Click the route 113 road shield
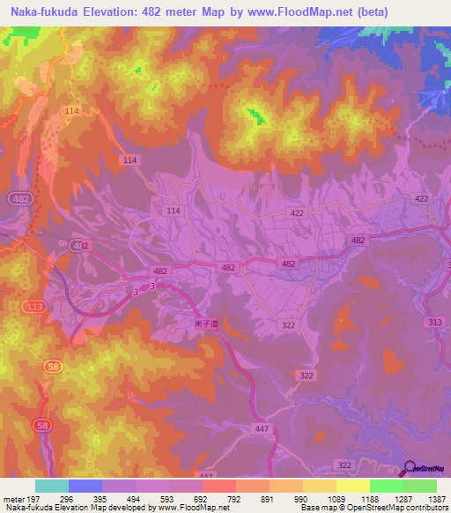(34, 307)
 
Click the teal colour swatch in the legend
(52, 486)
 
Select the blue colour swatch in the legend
(85, 486)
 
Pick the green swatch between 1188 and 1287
(387, 486)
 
